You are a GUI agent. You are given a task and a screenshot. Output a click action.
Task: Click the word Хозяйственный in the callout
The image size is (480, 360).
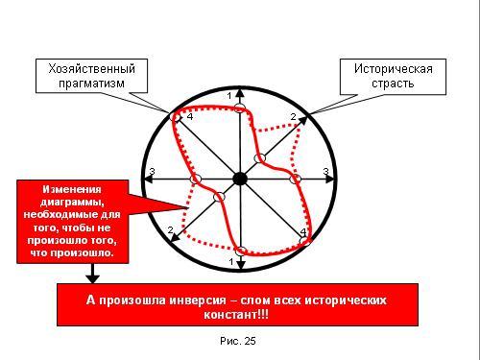[92, 69]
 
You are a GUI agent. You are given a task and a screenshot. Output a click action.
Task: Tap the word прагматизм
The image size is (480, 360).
[91, 84]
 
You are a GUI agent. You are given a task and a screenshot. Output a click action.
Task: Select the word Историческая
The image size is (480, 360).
[394, 69]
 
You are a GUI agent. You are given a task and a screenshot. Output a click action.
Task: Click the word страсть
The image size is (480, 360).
[393, 84]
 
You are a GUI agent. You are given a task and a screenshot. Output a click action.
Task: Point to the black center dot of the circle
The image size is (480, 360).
[240, 179]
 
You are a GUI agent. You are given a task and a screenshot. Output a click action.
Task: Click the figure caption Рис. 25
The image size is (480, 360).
[238, 341]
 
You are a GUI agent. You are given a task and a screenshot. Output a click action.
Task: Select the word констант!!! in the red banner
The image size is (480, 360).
[236, 315]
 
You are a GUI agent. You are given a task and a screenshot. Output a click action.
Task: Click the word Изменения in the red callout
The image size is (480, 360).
[72, 189]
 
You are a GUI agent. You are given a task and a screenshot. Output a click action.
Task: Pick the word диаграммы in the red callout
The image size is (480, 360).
[72, 203]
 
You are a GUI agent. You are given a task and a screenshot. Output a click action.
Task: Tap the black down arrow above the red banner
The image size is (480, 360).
[93, 274]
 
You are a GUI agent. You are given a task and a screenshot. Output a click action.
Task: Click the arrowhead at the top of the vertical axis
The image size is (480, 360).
[240, 93]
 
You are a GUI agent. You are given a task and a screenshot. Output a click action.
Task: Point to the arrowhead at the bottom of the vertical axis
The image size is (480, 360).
[240, 265]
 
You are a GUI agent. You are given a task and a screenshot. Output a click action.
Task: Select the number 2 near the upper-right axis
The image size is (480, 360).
[293, 117]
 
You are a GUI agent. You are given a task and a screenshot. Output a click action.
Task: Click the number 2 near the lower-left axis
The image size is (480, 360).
[170, 229]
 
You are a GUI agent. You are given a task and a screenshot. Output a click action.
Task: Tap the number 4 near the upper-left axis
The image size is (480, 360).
[190, 117]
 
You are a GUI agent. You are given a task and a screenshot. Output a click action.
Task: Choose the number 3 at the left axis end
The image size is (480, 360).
[153, 172]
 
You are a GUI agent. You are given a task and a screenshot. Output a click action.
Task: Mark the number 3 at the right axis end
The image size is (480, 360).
[325, 172]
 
